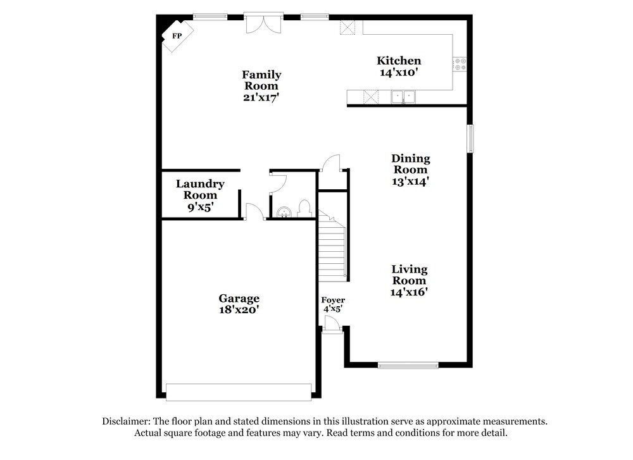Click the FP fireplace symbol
coord(177,36)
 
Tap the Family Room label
coord(261,80)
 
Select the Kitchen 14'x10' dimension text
coord(399,73)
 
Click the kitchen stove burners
coord(460,63)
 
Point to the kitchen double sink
coord(403,97)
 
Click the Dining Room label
coord(410,164)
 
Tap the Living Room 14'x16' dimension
coord(410,292)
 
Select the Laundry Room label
coord(199,189)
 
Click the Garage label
coord(239,299)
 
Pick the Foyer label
coord(333,300)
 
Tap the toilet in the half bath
coord(304,209)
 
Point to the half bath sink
coord(285,212)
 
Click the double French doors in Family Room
coord(263,25)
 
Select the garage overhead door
coord(239,392)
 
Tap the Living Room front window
coord(408,365)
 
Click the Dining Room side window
coord(470,139)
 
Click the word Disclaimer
coord(125,421)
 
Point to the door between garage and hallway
coord(254,212)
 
